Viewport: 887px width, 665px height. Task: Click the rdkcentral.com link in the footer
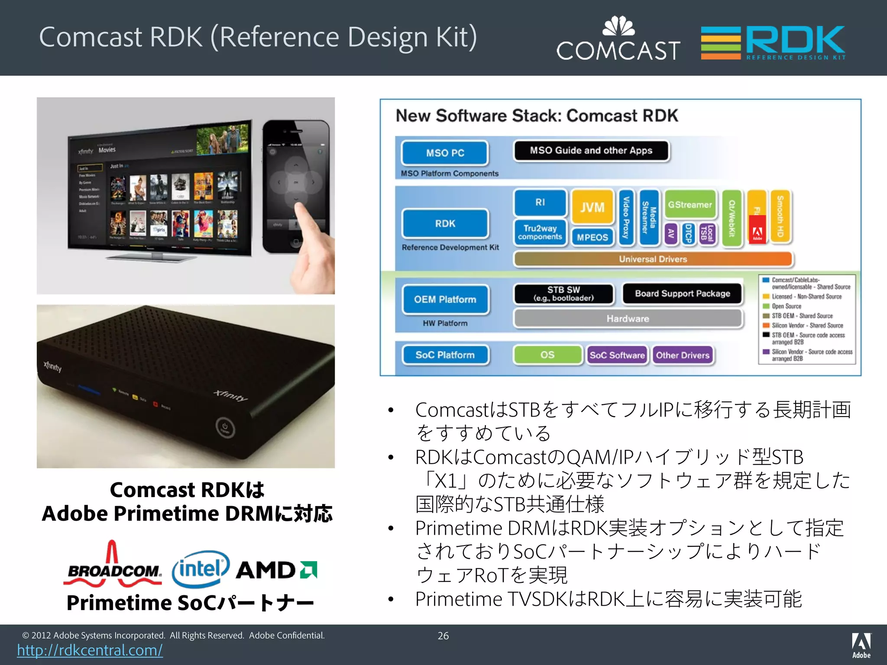click(x=90, y=650)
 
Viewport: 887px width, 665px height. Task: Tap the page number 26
click(x=443, y=636)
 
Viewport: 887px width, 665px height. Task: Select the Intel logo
click(x=201, y=568)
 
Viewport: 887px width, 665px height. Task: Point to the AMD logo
click(x=276, y=570)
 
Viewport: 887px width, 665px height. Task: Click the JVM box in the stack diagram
click(x=592, y=207)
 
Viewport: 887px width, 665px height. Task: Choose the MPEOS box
click(x=592, y=237)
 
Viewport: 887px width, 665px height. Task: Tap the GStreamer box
click(x=690, y=204)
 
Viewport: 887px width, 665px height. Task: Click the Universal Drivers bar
click(x=653, y=259)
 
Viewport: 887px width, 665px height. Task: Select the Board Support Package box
click(x=682, y=294)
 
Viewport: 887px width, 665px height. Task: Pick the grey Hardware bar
click(x=628, y=319)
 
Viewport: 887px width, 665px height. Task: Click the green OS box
click(x=547, y=355)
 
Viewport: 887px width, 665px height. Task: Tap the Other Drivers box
click(x=683, y=355)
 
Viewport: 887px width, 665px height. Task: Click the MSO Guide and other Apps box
click(x=591, y=151)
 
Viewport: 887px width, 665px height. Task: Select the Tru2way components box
click(x=540, y=232)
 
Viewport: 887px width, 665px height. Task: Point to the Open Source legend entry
click(x=786, y=306)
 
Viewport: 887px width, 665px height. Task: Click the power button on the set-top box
click(x=225, y=428)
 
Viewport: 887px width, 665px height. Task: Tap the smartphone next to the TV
click(x=296, y=186)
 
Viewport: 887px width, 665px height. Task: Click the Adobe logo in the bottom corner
click(x=861, y=645)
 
